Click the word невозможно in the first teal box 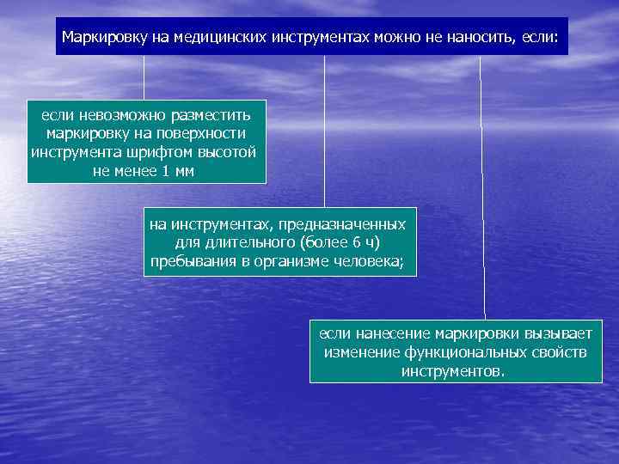tap(119, 115)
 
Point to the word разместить tap(211, 115)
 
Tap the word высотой tap(227, 152)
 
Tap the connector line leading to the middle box tap(324, 129)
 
